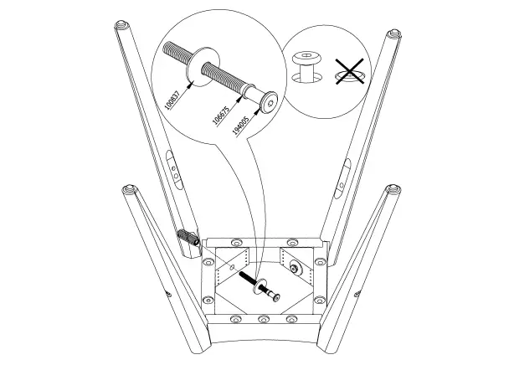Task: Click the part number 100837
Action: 171,100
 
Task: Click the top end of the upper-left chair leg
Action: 120,27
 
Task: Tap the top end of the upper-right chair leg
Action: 391,35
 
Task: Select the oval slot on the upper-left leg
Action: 172,167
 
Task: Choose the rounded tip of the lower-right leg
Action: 391,190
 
